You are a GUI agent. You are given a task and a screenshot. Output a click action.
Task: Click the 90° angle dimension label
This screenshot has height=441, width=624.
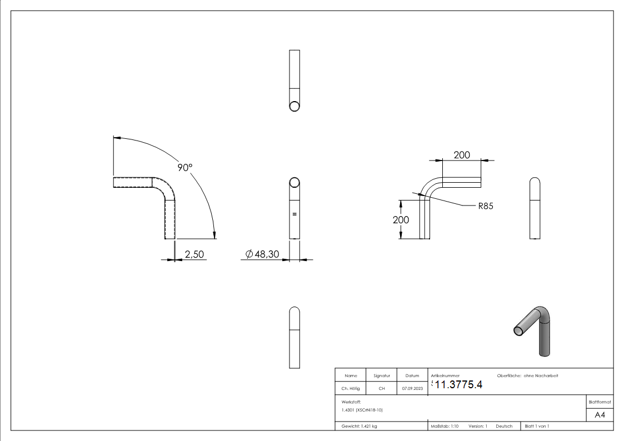[185, 167]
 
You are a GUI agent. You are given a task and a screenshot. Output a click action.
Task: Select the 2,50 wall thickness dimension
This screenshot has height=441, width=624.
[194, 254]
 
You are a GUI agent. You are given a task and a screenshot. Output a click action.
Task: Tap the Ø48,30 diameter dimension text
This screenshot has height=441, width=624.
[263, 254]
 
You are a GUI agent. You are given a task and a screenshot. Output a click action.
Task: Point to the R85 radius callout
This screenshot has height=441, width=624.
[485, 206]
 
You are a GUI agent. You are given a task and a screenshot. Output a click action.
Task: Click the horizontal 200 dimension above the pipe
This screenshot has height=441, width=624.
[462, 155]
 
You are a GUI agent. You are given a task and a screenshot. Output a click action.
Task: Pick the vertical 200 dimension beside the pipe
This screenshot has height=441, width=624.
[401, 219]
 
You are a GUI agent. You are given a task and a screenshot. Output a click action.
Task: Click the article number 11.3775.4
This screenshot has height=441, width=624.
[458, 384]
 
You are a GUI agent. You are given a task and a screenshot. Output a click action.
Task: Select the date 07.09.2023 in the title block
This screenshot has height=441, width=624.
[412, 389]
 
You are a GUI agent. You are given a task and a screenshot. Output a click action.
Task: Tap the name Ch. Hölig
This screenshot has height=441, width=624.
[351, 389]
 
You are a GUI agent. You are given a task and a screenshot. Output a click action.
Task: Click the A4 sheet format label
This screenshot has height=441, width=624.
[600, 415]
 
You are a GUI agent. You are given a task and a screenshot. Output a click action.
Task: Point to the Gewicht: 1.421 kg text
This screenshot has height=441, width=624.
[359, 426]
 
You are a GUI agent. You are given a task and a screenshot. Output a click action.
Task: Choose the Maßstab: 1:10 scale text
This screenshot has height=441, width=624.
[445, 426]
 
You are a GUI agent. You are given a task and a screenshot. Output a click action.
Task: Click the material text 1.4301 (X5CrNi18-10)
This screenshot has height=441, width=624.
[362, 410]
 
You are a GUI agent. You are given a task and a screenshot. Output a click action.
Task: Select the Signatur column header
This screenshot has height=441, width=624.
[382, 375]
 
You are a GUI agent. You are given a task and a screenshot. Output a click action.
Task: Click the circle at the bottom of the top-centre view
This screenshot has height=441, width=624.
[295, 106]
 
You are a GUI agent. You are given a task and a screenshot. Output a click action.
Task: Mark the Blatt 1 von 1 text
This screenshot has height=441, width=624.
[537, 426]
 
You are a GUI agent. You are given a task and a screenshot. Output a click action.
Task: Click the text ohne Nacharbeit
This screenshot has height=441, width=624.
[541, 375]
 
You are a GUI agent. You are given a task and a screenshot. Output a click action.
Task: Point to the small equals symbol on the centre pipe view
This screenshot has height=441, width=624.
[294, 213]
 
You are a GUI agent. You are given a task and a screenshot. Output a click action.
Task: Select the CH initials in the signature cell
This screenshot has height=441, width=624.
[382, 389]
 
